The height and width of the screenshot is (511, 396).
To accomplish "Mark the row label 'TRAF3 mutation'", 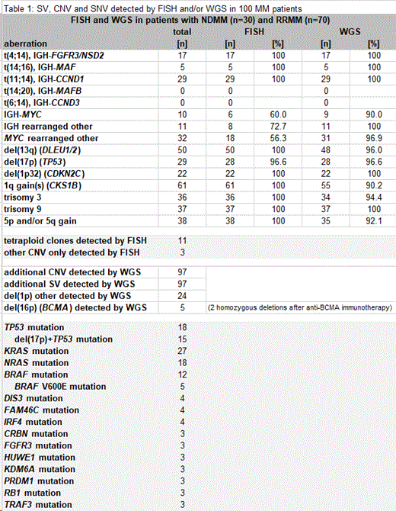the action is point(37,505).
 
